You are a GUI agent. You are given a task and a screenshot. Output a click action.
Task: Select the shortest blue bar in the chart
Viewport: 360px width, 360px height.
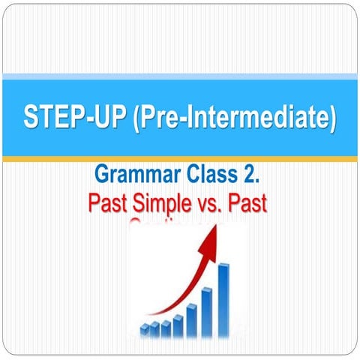(x=145, y=329)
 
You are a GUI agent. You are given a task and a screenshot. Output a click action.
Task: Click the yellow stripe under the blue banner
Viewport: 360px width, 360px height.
(x=180, y=159)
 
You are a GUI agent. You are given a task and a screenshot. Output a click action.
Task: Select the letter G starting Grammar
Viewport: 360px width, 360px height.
(x=101, y=175)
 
